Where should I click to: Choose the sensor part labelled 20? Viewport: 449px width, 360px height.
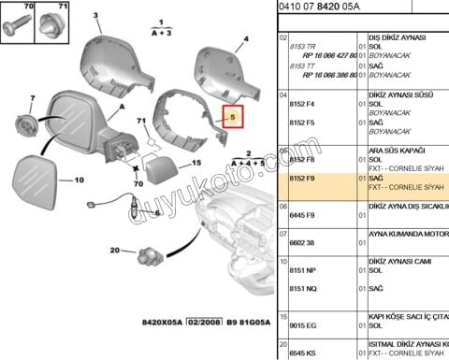click(x=149, y=252)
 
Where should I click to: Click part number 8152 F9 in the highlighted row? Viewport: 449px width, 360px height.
click(x=306, y=178)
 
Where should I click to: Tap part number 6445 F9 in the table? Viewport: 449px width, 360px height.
click(x=306, y=215)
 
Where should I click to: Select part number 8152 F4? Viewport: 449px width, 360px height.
click(x=306, y=105)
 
